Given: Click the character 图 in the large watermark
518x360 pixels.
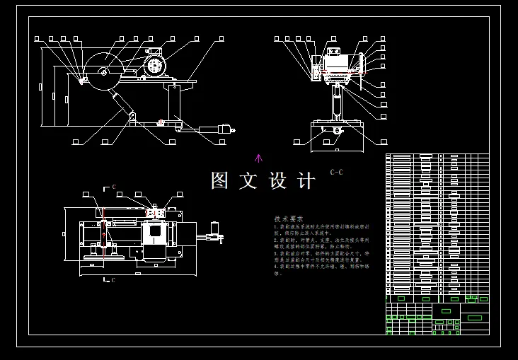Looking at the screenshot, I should (220, 180).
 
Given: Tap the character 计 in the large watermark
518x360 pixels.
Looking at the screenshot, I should (306, 180).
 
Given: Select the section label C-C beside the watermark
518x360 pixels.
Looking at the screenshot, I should (336, 172).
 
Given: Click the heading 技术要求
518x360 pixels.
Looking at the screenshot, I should (289, 219).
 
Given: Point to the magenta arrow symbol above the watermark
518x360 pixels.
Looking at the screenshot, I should (258, 158).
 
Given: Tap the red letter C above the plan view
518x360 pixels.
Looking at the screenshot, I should (113, 187).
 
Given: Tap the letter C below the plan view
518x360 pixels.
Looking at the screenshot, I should (113, 280).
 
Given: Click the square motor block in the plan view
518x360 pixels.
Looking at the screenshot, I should (154, 233).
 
